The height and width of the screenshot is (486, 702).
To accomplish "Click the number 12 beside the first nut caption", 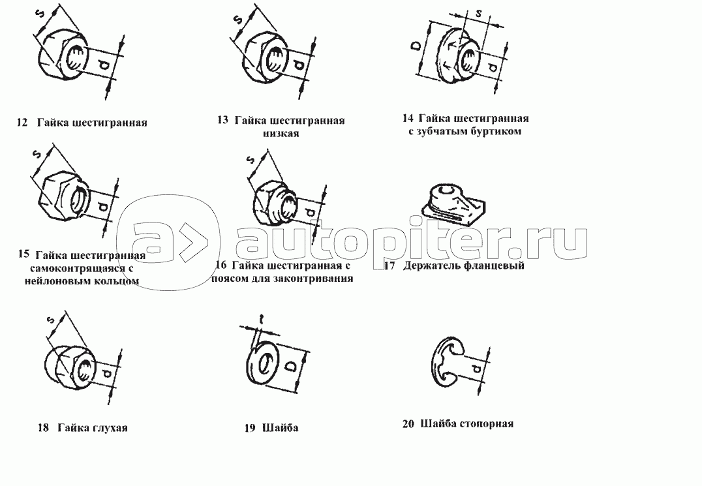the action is coord(22,122).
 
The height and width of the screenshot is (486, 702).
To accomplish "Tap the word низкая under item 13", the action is coord(281,133).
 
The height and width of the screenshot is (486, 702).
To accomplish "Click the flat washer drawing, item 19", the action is coord(264,363).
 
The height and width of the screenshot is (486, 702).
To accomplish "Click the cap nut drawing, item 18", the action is coord(67,365).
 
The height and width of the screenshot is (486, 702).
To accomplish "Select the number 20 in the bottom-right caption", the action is coord(408,423).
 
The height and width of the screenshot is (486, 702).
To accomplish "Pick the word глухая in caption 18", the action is coord(111,428).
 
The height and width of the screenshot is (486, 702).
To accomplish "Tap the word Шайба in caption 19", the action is coord(280,428).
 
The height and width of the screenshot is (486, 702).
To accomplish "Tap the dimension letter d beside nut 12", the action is coord(104,67).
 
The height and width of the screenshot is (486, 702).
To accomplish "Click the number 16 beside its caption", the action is coord(221,265).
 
